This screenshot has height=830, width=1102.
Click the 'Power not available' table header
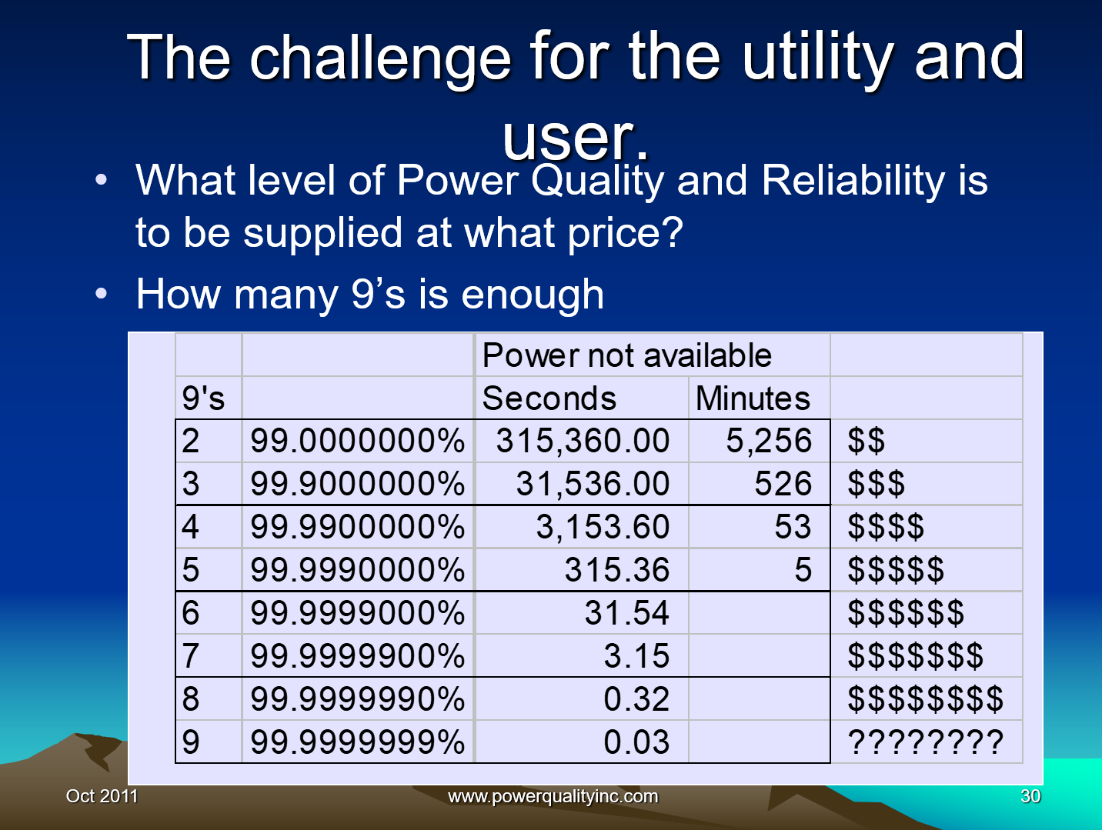point(626,355)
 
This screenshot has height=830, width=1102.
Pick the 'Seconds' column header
point(549,398)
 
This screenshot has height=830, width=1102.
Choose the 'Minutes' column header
point(753,398)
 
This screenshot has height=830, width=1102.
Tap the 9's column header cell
point(204,398)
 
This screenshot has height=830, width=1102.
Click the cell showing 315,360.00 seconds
point(583,441)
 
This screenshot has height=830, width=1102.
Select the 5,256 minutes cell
point(769,441)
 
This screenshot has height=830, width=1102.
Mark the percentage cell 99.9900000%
point(358,527)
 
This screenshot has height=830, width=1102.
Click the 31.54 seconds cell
point(626,613)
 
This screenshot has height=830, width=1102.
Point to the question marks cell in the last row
point(925,742)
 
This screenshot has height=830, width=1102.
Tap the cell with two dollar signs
point(867,441)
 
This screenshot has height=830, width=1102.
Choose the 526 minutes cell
point(783,484)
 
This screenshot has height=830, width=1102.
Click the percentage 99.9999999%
point(358,742)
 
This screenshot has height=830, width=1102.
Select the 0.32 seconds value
point(636,699)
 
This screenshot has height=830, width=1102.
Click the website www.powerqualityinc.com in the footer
point(553,796)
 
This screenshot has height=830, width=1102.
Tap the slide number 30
point(1030,796)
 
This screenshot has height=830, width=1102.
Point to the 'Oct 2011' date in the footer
point(102,796)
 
